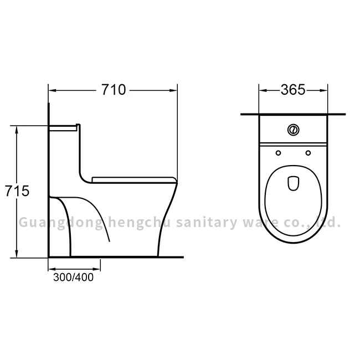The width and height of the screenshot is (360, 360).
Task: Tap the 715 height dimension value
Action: pyautogui.click(x=16, y=191)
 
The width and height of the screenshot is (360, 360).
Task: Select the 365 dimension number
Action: pyautogui.click(x=292, y=90)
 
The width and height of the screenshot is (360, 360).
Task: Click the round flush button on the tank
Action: pyautogui.click(x=293, y=130)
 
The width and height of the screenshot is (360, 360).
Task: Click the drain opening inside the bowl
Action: pyautogui.click(x=293, y=183)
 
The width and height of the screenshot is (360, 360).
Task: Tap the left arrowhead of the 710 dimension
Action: pyautogui.click(x=52, y=90)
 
